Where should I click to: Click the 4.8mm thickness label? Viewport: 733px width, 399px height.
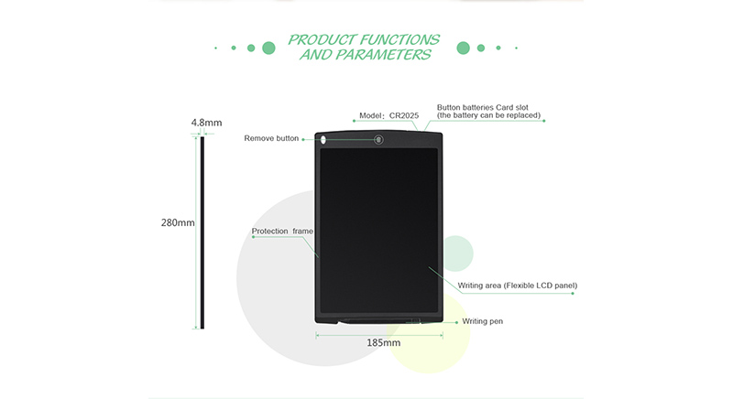click(x=206, y=123)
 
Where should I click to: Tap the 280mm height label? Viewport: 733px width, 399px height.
click(x=178, y=222)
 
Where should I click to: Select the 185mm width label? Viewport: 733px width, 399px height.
click(x=383, y=342)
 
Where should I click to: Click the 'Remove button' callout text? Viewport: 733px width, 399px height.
click(x=271, y=138)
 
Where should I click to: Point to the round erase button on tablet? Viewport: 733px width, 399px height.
click(x=378, y=139)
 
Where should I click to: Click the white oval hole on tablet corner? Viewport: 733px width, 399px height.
click(x=323, y=139)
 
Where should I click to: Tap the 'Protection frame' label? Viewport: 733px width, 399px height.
click(x=282, y=231)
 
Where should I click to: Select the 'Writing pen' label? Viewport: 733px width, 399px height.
click(x=483, y=321)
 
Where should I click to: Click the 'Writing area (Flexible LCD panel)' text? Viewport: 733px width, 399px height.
click(x=518, y=286)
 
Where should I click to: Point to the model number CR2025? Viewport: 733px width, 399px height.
click(x=404, y=115)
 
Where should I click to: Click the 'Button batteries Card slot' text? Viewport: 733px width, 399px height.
click(x=483, y=107)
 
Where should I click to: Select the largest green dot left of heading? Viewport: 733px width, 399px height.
click(x=268, y=48)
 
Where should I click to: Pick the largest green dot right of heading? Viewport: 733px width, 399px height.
click(x=464, y=48)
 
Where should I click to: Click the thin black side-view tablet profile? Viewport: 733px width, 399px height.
click(x=202, y=232)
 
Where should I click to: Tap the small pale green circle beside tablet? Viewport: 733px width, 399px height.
click(x=457, y=253)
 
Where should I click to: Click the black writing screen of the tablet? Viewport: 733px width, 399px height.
click(x=379, y=231)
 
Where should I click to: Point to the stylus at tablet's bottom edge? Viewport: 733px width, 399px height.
click(x=378, y=321)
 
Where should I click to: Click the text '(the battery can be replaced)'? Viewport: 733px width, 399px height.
click(x=489, y=115)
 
